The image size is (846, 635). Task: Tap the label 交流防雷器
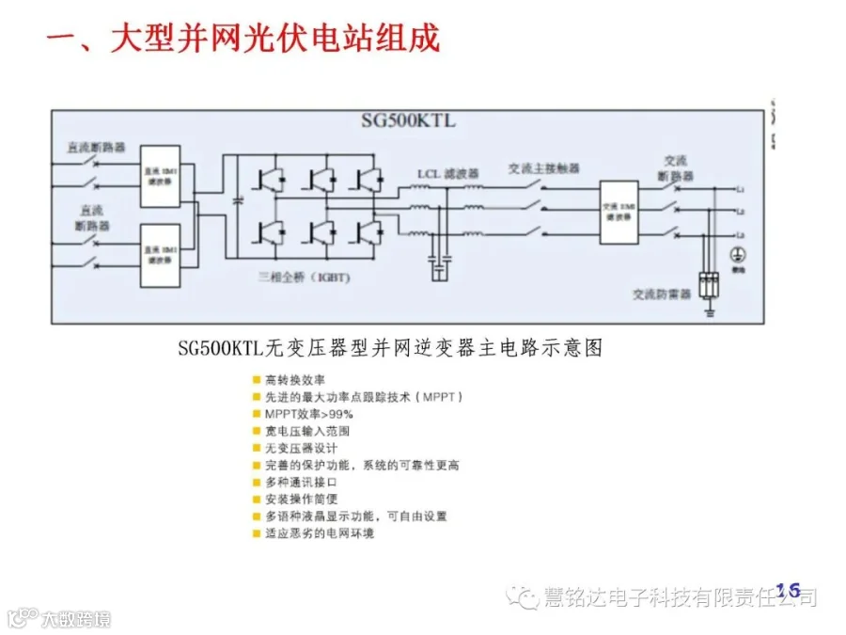pos(662,294)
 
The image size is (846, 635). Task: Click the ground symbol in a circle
pos(738,255)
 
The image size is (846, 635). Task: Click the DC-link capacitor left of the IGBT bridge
pos(239,200)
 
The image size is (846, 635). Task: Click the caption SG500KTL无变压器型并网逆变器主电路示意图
pos(389,348)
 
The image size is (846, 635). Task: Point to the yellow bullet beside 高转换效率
pos(257,380)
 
